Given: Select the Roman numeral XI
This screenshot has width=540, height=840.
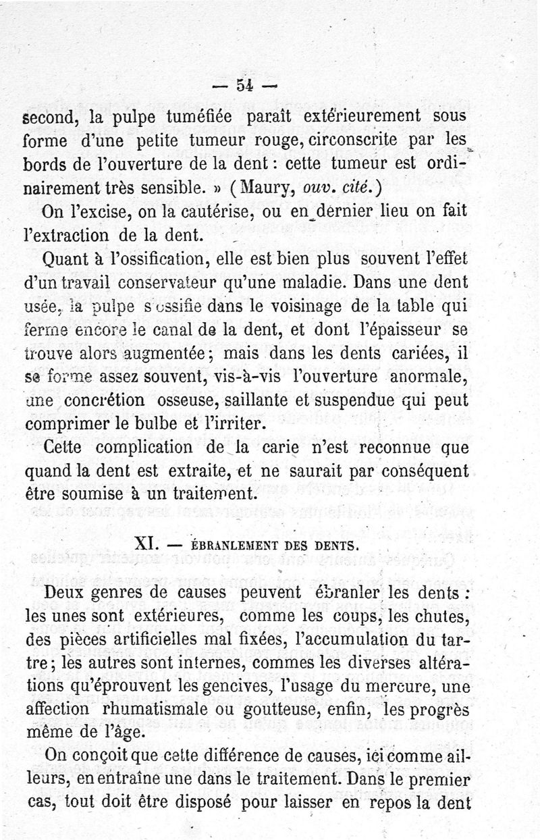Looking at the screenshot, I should [x=146, y=543].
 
